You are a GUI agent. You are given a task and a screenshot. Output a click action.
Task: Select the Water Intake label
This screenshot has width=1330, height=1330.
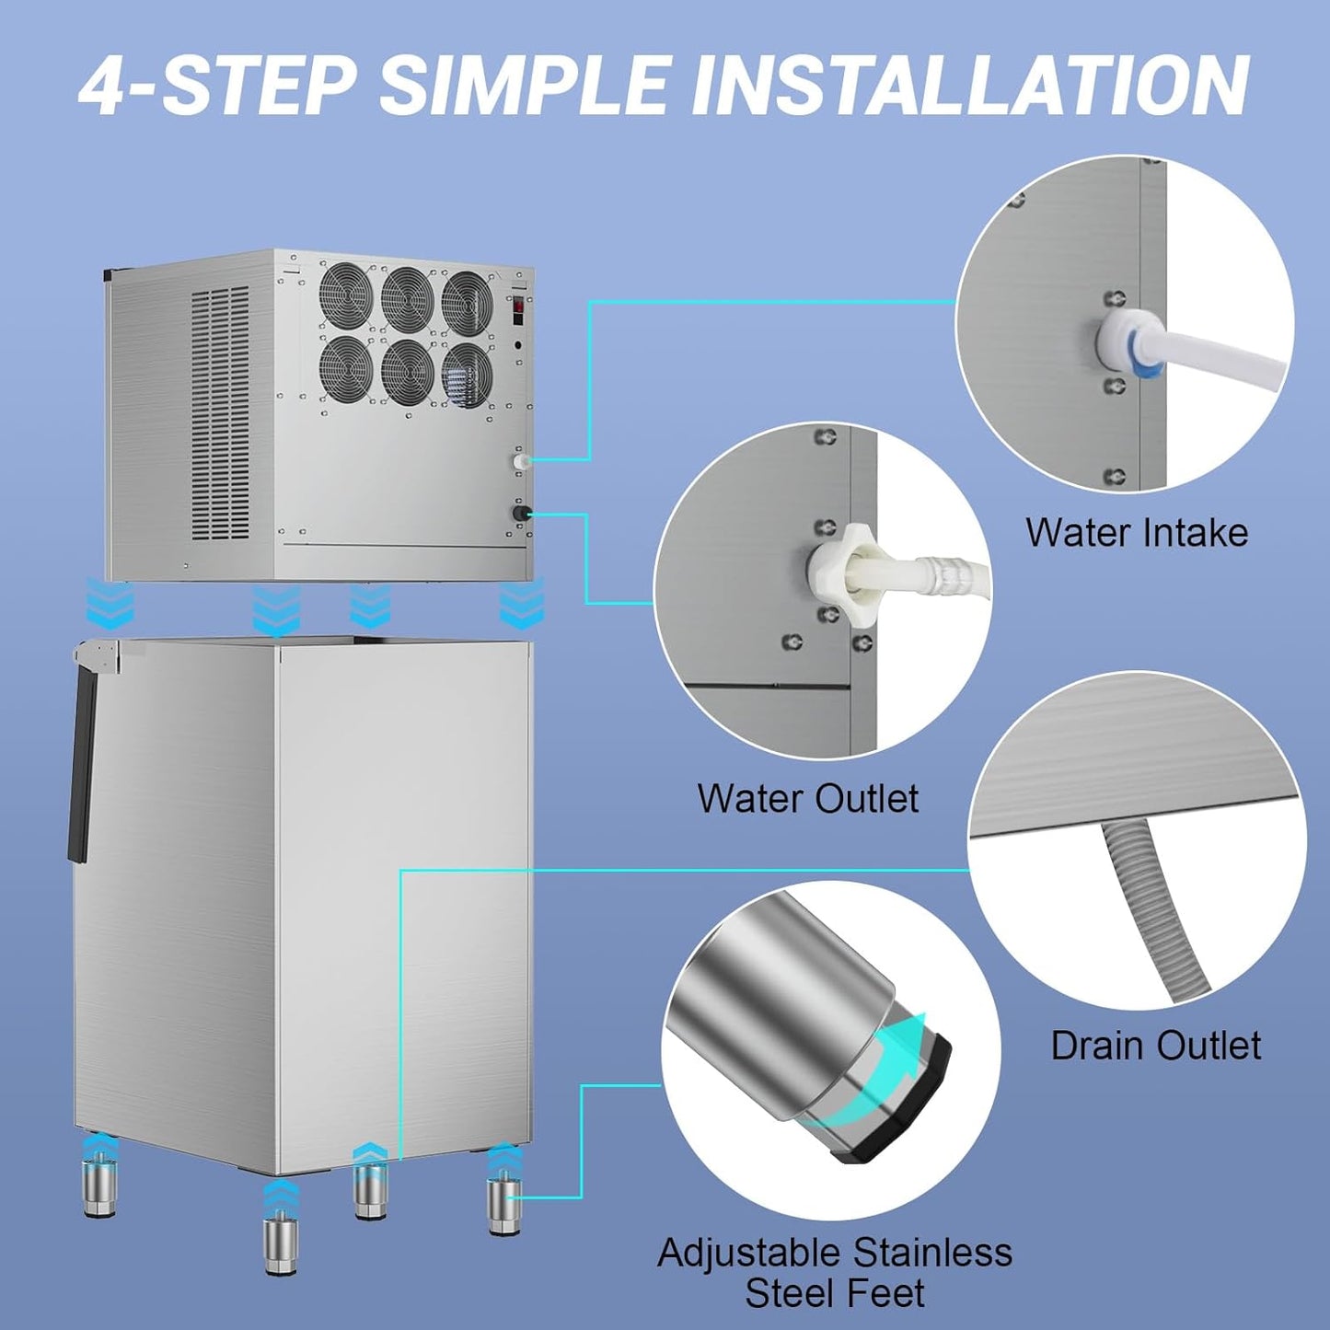[x=1137, y=533]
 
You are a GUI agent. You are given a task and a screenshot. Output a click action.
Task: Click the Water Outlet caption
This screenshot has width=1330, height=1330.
[x=807, y=798]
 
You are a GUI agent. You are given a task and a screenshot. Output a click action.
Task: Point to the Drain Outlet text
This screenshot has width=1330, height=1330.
[x=1155, y=1046]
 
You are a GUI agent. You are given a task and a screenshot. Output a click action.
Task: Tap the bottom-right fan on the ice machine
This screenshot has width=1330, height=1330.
[x=467, y=371]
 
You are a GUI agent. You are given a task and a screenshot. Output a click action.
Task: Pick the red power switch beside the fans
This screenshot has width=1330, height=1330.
[x=519, y=310]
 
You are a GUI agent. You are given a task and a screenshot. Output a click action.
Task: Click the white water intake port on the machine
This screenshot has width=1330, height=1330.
[x=521, y=459]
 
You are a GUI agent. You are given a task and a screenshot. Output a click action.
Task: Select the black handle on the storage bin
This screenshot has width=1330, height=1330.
[x=83, y=764]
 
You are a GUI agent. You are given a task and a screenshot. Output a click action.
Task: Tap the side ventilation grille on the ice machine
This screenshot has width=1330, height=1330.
[x=220, y=414]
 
